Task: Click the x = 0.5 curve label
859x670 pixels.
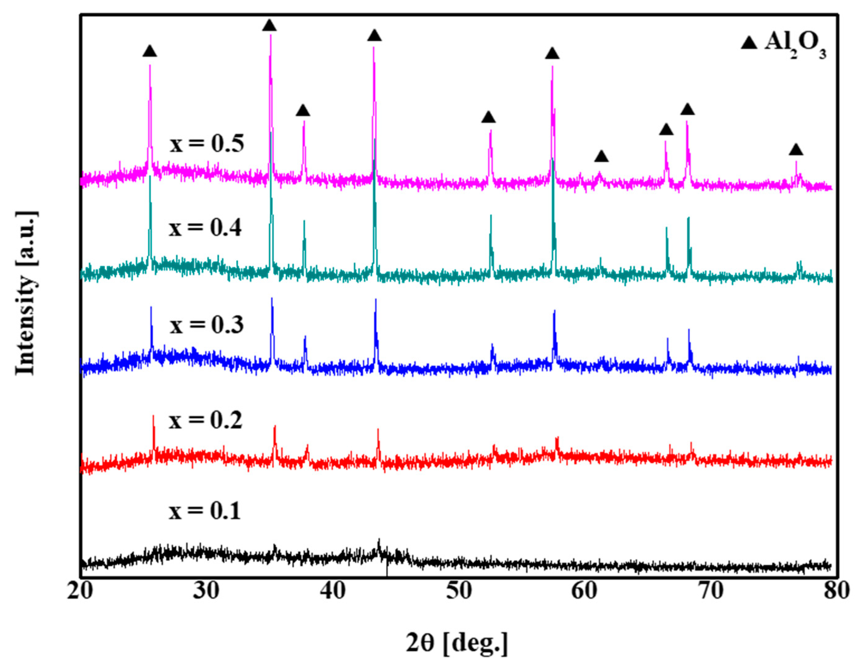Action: pos(207,144)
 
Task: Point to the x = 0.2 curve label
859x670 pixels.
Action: pos(205,420)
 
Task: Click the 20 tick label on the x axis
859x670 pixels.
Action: pos(80,602)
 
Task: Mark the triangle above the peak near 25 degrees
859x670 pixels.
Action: pos(149,51)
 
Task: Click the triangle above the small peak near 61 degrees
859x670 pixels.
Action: pos(601,157)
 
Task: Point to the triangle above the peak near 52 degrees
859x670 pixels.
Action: pos(488,117)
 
